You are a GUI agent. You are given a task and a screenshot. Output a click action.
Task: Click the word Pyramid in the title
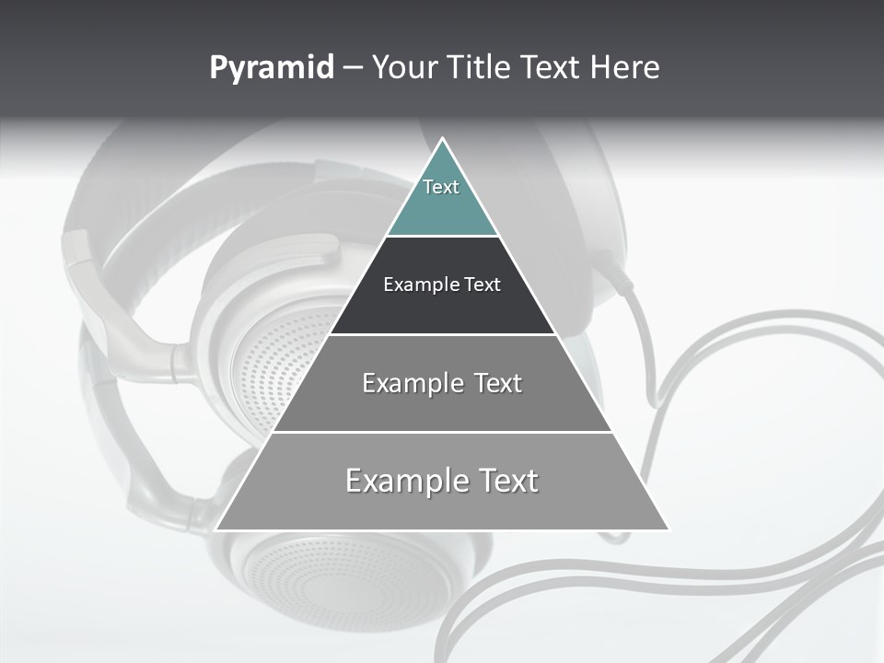pyautogui.click(x=272, y=68)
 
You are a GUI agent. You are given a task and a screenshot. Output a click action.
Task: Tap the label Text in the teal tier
pyautogui.click(x=441, y=187)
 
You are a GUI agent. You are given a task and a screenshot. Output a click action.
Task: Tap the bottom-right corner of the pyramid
pyautogui.click(x=668, y=529)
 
